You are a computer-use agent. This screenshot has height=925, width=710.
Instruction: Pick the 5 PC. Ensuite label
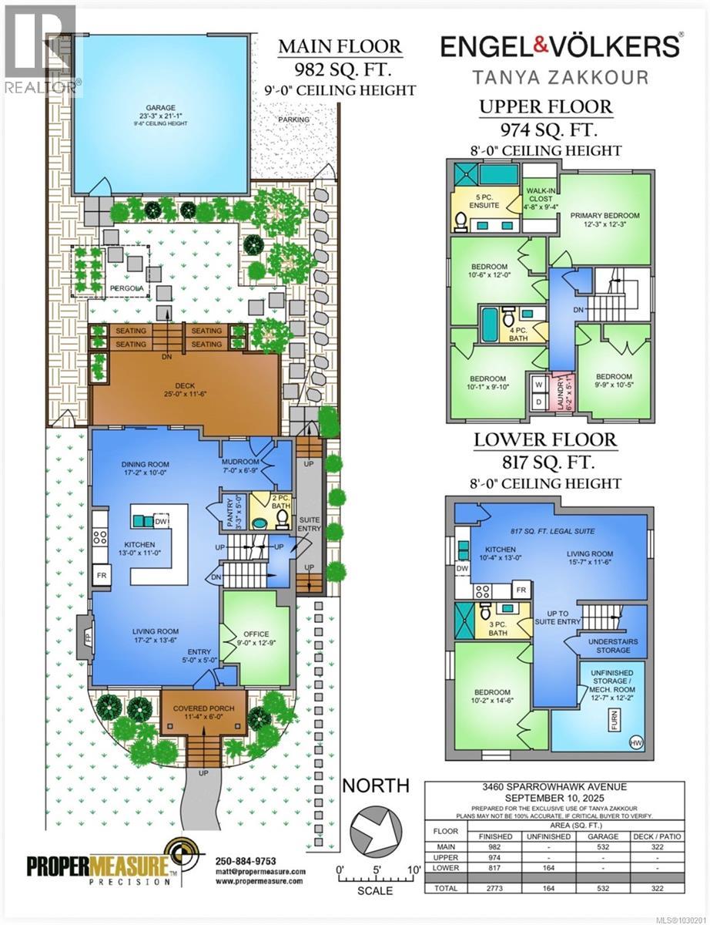tap(485, 206)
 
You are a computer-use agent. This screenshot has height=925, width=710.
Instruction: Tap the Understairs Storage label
tap(612, 645)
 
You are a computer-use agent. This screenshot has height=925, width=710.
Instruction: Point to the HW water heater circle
tap(635, 743)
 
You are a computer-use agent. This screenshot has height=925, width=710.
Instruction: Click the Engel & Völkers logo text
tap(560, 46)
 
